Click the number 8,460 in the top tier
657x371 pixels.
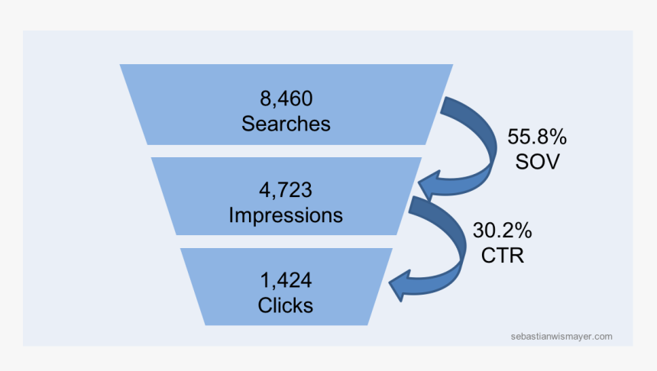[286, 98]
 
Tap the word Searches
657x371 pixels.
[286, 123]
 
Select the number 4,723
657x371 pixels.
[286, 190]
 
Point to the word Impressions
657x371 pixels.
[286, 215]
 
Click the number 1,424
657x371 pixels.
[286, 280]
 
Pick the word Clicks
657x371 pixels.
[286, 305]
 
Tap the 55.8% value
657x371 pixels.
[537, 137]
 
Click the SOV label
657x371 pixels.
[537, 162]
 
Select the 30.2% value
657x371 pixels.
[503, 230]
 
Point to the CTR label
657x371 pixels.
[503, 255]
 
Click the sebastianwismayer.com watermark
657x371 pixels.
[562, 335]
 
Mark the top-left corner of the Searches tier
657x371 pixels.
[120, 65]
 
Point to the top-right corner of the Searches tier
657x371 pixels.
[453, 65]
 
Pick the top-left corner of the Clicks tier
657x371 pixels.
[180, 248]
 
